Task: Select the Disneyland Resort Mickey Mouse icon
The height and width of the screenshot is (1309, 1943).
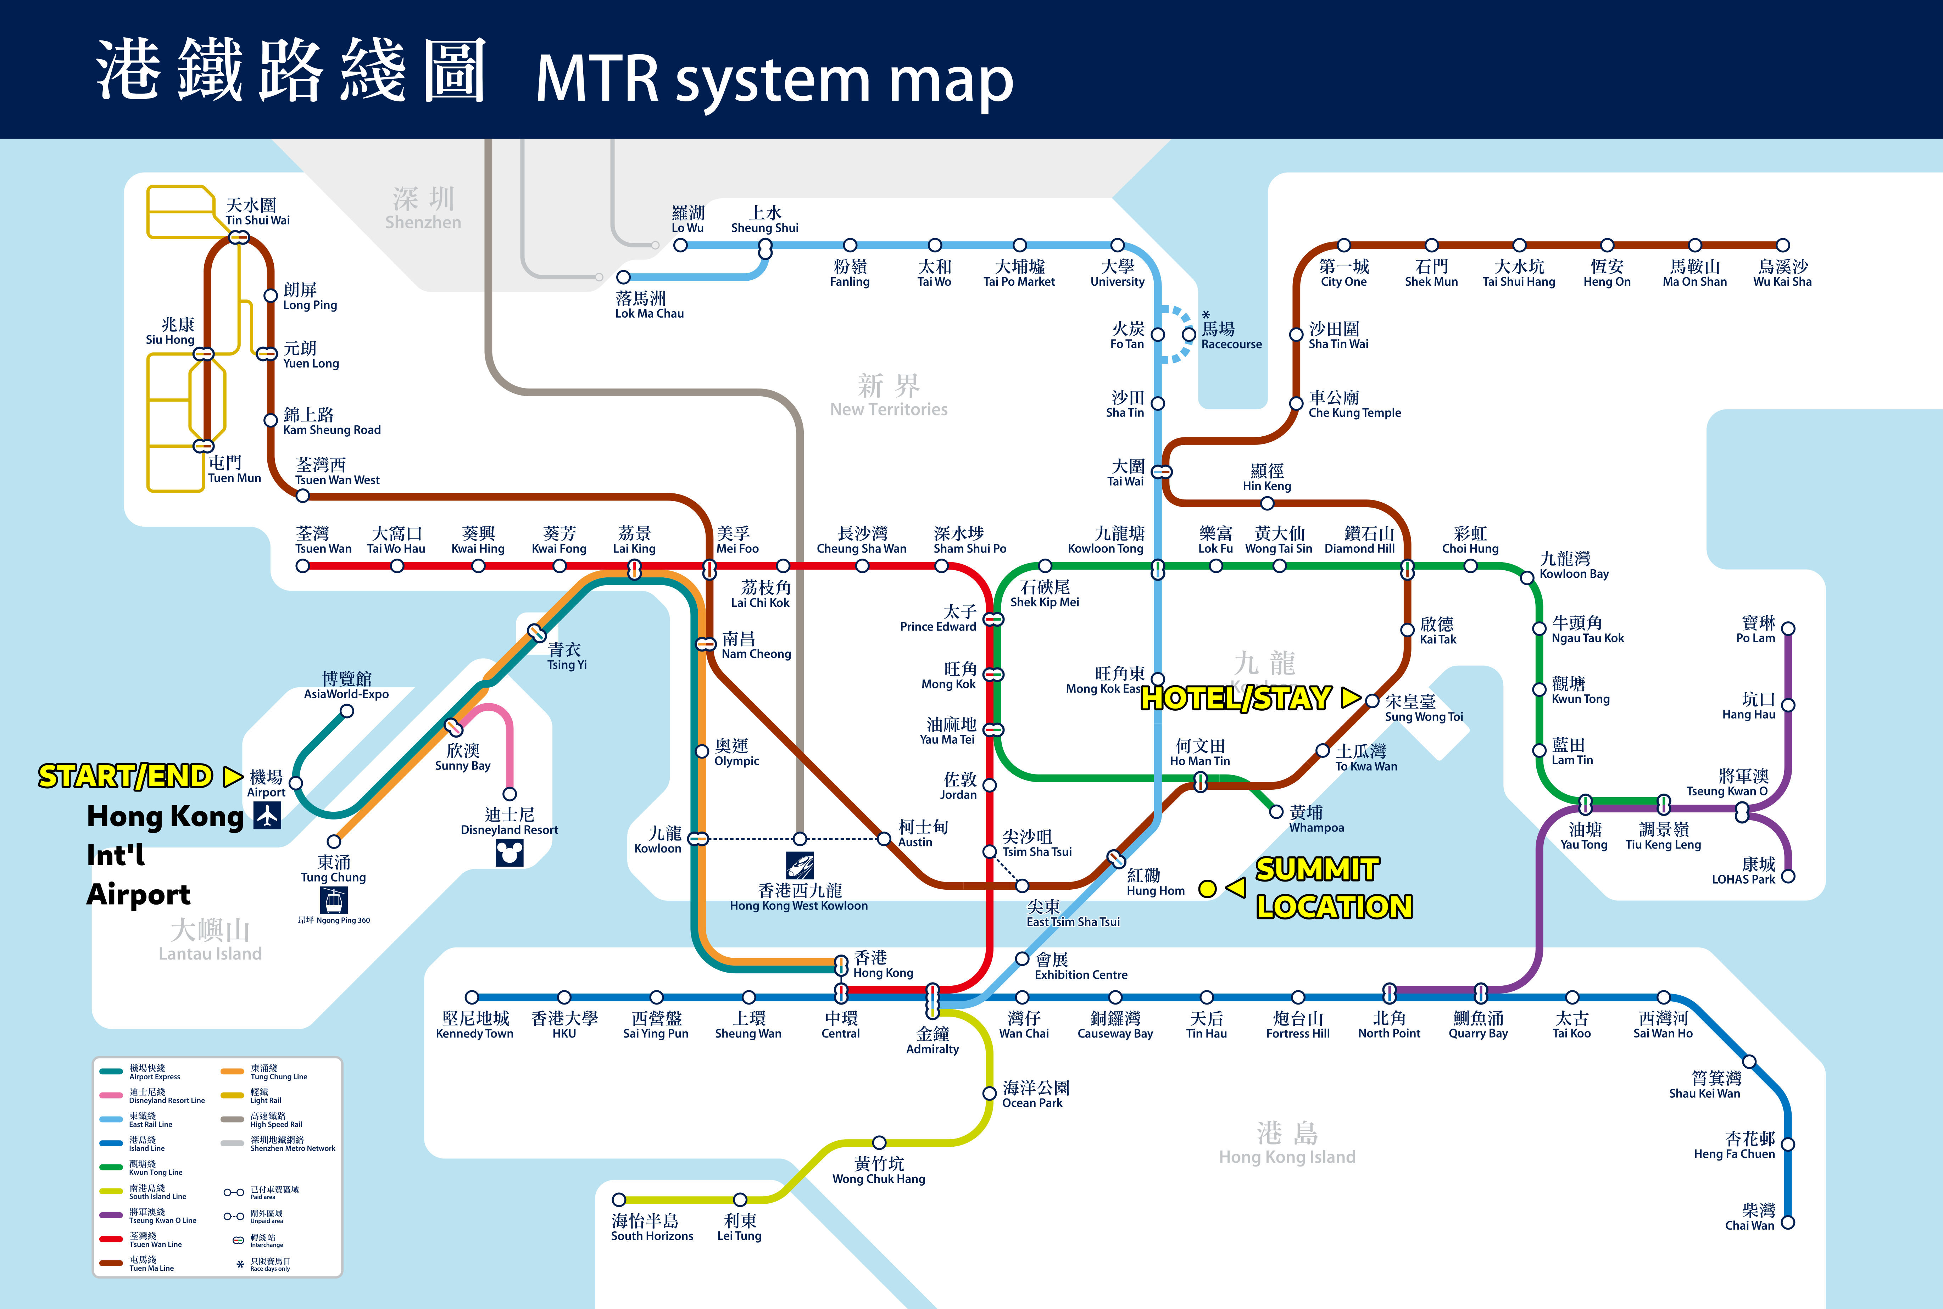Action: [510, 852]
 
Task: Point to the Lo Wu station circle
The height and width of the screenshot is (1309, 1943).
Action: [680, 245]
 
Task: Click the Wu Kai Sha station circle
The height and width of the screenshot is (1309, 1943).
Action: [1783, 245]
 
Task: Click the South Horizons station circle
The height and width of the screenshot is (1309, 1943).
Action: [619, 1199]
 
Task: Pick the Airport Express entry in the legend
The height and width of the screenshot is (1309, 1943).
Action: [146, 1072]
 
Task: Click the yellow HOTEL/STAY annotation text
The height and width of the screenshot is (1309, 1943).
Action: [1236, 698]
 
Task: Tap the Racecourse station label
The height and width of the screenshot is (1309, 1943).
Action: [1231, 336]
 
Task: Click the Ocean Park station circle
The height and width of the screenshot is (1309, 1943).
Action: [989, 1093]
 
